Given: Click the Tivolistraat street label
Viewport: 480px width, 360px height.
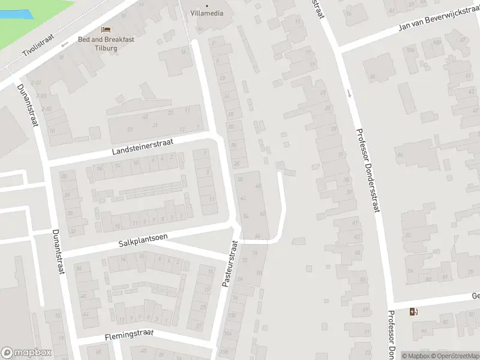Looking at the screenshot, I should (37, 43).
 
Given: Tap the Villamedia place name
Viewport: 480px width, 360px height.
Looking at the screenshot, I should (207, 14).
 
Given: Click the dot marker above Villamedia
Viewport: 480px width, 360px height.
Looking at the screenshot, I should (207, 6).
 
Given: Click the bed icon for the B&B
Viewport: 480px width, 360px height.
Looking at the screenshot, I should (106, 29).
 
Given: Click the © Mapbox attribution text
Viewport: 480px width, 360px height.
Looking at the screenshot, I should (416, 356).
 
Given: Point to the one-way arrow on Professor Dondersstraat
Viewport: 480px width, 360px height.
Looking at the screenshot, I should (349, 93).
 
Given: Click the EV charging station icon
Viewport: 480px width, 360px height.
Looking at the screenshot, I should (413, 312).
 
